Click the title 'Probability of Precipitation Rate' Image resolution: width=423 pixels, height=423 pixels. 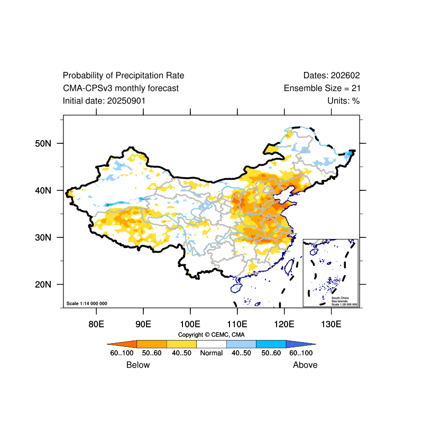click(x=123, y=76)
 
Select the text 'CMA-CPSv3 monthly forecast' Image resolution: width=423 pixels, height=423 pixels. click(x=121, y=88)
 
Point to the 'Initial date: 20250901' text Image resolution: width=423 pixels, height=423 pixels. click(x=104, y=100)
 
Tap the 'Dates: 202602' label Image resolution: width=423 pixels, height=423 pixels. click(x=332, y=76)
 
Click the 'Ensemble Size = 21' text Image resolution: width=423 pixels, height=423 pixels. click(x=322, y=88)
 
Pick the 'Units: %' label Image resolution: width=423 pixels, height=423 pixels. click(x=343, y=100)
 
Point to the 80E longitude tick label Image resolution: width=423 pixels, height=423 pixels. click(x=96, y=324)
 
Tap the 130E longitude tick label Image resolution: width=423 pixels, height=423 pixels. click(x=331, y=324)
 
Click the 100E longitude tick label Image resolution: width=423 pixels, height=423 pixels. click(x=190, y=324)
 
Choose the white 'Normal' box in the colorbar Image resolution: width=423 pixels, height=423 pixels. click(x=212, y=344)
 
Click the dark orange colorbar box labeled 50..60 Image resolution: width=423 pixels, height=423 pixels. click(x=152, y=344)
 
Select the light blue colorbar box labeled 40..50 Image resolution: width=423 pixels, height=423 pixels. click(x=241, y=344)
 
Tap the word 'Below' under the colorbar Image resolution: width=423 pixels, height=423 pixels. click(x=138, y=365)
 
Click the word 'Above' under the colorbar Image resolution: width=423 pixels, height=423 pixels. click(x=305, y=365)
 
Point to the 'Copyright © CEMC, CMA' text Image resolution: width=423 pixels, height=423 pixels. click(x=212, y=335)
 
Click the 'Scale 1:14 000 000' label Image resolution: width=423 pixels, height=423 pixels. click(x=87, y=304)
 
